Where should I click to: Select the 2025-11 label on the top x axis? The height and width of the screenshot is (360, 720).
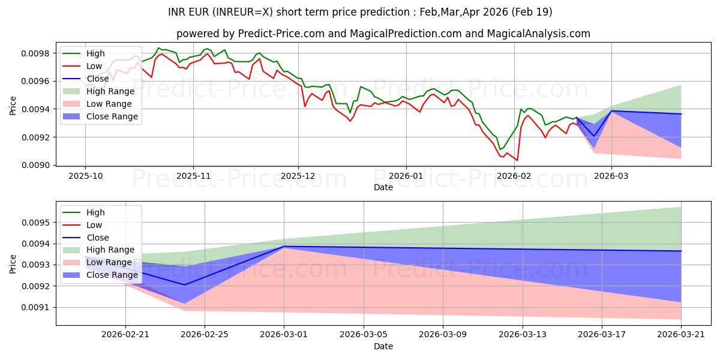point(193,176)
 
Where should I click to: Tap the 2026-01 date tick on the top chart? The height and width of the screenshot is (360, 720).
point(406,176)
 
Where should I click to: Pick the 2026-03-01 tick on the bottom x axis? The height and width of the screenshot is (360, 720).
point(284,335)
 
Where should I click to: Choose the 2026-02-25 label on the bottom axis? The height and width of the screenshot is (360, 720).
point(205,335)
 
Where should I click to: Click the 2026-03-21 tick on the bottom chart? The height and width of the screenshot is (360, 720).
point(681,335)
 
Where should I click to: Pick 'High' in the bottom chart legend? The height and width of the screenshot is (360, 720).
point(95,212)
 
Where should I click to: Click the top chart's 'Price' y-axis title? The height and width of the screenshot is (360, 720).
point(13,106)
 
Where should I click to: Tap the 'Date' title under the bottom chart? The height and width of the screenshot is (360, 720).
point(383,346)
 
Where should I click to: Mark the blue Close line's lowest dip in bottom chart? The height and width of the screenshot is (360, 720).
point(184,285)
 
